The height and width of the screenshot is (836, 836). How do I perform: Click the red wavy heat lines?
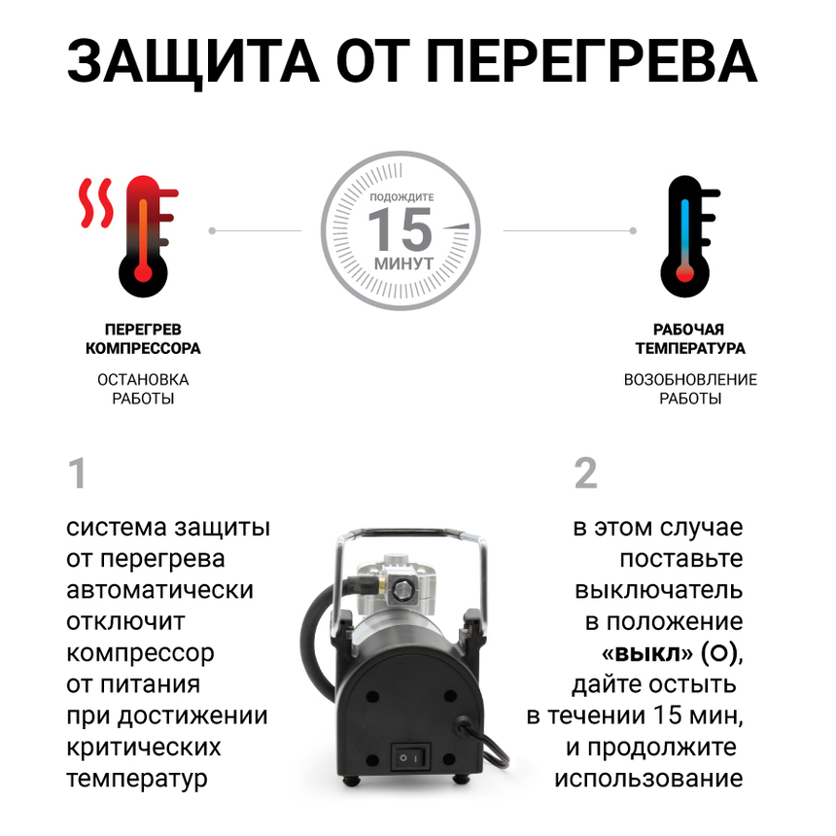pos(96,201)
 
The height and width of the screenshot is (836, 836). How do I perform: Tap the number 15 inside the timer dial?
pos(400,229)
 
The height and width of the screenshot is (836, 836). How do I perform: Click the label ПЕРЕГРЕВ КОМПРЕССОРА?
pos(143,339)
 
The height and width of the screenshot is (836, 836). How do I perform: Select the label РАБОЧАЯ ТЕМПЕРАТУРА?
pos(690,339)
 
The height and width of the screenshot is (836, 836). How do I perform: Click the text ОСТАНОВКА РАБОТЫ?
pos(143,389)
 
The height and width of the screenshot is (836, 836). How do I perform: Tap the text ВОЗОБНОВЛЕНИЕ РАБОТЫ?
pos(690,389)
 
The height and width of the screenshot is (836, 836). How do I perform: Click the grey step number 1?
pos(77,474)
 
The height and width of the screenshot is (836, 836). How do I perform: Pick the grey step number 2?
pos(585,474)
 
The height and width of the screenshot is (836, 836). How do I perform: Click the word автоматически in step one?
pos(160,590)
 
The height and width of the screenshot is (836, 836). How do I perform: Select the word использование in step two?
pos(648,779)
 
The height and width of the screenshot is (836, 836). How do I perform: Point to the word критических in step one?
pos(144,748)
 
